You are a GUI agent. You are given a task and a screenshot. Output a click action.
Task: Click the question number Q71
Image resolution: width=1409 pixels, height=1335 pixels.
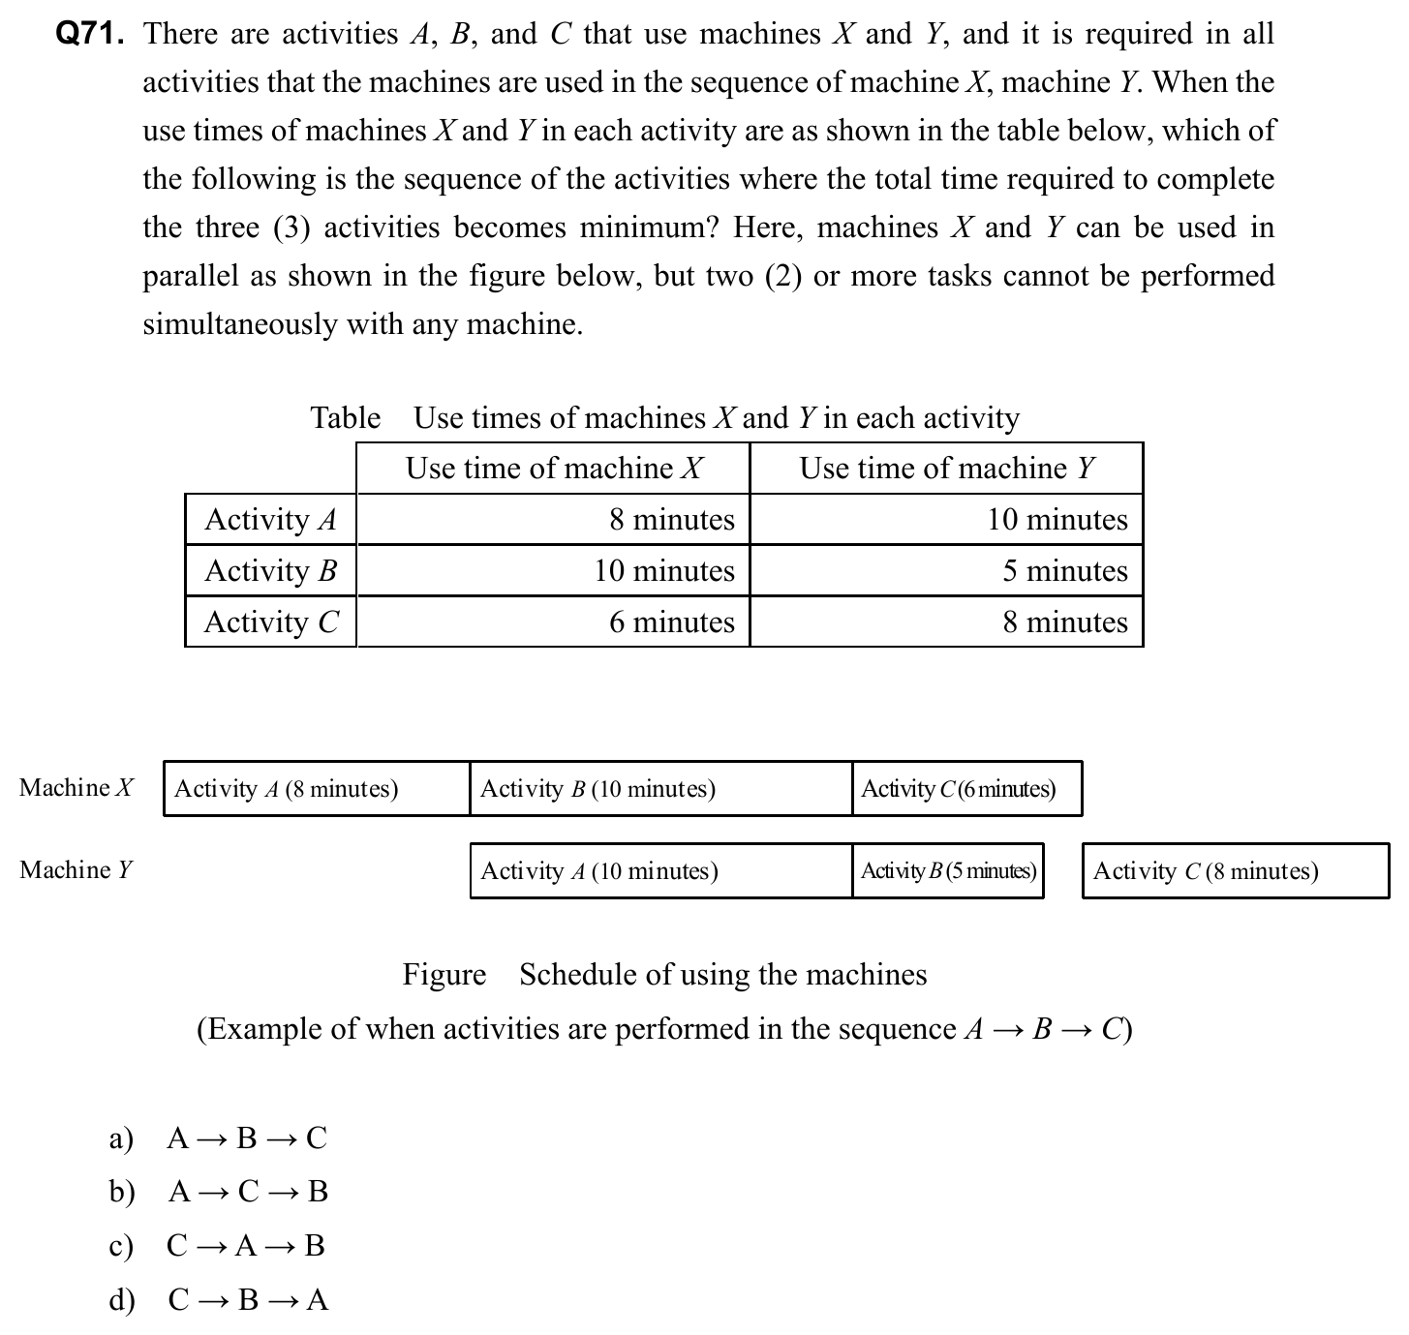(90, 35)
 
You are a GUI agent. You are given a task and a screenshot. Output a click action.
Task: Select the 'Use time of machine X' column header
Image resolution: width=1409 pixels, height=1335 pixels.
(554, 469)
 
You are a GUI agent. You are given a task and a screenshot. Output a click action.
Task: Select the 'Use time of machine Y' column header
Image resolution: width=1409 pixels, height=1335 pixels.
(946, 469)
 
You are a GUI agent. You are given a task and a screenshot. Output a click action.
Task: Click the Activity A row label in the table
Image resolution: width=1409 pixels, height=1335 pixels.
(270, 520)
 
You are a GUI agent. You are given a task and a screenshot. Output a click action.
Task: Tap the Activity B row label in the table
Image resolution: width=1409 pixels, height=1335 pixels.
(270, 571)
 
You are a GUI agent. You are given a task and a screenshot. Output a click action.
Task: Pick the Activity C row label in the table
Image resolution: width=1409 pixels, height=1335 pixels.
(271, 622)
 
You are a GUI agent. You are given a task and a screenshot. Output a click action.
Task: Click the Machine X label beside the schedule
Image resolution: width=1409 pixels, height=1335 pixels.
(77, 788)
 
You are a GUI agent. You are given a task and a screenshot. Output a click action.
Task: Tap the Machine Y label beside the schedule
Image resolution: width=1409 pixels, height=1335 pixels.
(76, 870)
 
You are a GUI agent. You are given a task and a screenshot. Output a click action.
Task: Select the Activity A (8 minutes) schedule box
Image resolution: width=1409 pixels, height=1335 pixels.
(316, 789)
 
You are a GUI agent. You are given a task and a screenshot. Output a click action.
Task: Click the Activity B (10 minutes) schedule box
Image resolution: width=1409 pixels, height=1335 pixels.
(660, 789)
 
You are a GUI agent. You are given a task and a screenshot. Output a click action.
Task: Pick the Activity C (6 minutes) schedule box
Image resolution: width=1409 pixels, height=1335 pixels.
(966, 789)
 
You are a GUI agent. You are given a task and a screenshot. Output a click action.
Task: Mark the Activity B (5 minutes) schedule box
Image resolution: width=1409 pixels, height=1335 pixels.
(948, 871)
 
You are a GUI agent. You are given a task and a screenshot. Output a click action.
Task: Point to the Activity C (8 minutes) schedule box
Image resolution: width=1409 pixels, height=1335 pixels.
(1235, 871)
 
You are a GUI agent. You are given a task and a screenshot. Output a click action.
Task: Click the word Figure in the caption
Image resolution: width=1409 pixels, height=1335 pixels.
(444, 975)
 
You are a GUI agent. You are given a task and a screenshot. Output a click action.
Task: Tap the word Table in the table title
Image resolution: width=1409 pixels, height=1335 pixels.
(345, 418)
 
